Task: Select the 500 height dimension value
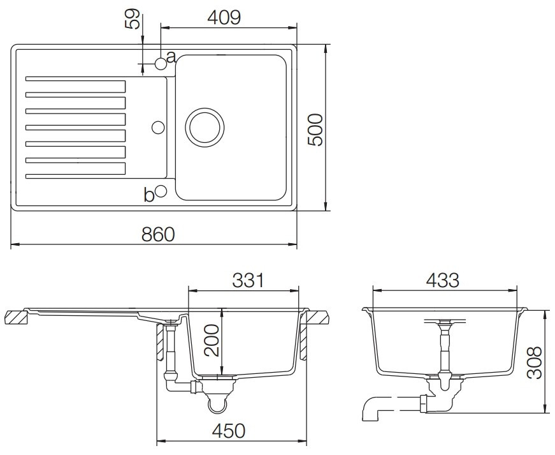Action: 315,130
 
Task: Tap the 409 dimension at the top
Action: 224,17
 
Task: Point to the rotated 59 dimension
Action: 133,19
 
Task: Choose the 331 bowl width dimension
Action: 248,280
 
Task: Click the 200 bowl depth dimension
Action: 212,340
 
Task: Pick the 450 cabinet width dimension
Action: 228,431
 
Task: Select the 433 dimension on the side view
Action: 442,280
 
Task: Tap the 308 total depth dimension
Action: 535,362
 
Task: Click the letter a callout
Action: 171,57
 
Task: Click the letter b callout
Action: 149,195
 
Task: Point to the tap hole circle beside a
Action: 161,64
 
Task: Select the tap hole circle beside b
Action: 161,191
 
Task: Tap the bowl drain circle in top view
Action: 205,127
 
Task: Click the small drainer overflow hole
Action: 158,127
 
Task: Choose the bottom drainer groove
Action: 75,171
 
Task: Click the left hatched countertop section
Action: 16,317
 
